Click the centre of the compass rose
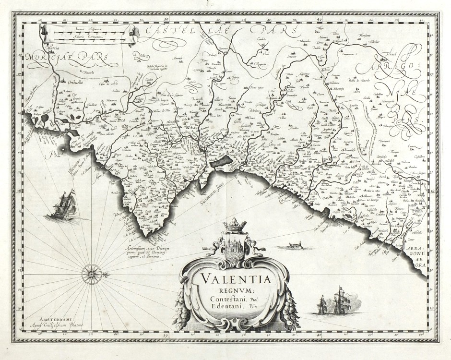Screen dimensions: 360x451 pyautogui.click(x=90, y=274)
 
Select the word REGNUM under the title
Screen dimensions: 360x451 pyautogui.click(x=234, y=291)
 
